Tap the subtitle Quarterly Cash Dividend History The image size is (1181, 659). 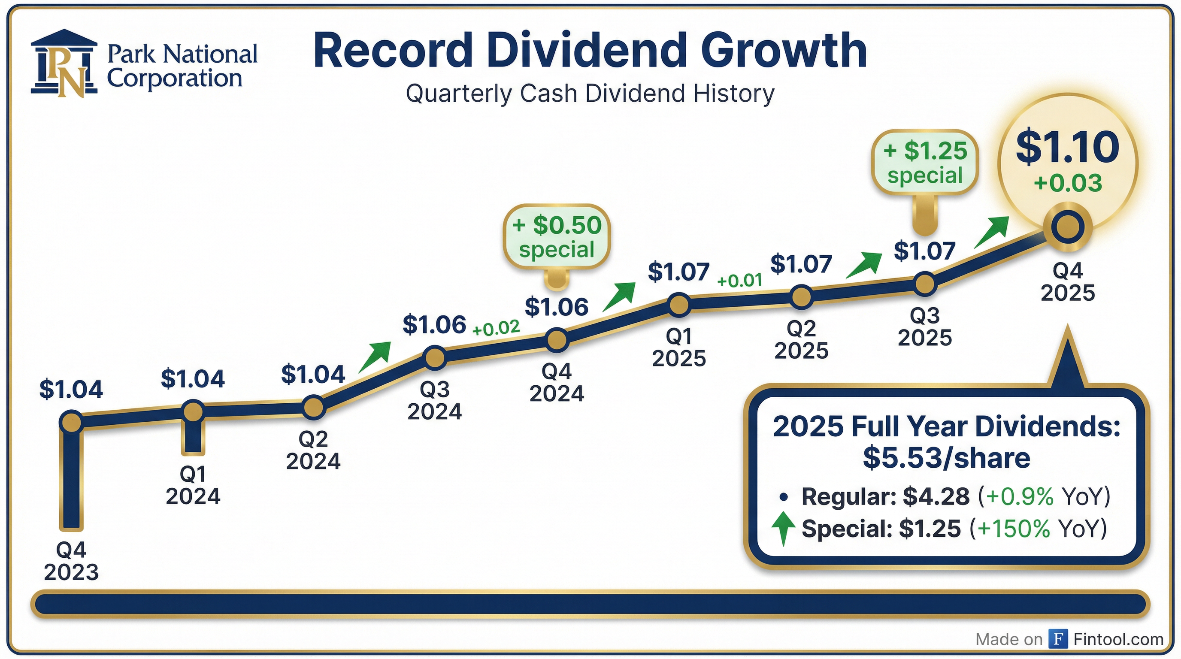590,94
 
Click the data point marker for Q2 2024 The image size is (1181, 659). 314,408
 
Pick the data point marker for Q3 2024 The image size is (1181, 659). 435,357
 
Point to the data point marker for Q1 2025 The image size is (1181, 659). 679,305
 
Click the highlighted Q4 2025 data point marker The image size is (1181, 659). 1068,227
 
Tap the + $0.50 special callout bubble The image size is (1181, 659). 557,237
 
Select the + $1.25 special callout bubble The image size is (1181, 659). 925,163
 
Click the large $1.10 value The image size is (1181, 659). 1068,148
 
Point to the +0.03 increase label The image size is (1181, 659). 1068,183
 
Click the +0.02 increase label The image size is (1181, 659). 496,328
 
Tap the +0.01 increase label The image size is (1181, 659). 739,280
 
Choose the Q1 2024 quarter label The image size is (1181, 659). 193,485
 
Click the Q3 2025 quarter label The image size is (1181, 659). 925,327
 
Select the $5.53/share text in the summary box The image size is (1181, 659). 946,458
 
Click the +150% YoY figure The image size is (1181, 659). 1013,529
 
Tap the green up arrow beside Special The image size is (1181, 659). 784,529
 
